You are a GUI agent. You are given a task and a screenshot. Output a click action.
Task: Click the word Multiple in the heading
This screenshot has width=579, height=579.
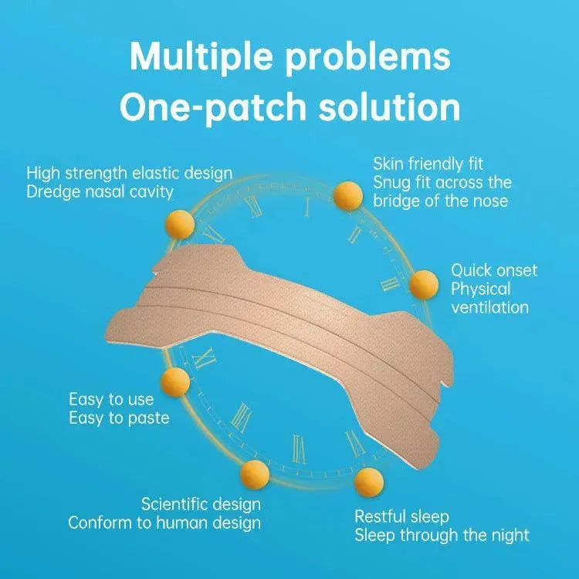pos(201,57)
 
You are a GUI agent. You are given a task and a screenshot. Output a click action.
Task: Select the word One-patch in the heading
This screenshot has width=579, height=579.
pos(213,107)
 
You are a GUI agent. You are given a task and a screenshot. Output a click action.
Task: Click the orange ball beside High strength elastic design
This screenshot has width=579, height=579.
pos(180,225)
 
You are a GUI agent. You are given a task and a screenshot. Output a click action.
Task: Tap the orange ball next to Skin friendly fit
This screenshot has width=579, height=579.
pos(348,196)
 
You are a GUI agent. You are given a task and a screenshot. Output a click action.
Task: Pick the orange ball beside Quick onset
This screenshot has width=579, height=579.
pos(424,284)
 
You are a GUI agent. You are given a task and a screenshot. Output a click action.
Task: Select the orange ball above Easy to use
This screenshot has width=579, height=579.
pos(176,382)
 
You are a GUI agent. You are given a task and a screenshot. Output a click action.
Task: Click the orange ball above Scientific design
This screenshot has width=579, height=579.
pos(255,475)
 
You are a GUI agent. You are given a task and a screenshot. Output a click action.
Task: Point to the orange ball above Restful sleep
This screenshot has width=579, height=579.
pos(369,482)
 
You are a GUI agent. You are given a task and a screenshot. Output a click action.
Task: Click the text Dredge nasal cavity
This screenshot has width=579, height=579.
pos(100,192)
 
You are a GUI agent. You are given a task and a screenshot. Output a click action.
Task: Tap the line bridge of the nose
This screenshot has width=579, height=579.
pos(440,201)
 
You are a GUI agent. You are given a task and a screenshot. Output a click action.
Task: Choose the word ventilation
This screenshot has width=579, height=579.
pos(489,307)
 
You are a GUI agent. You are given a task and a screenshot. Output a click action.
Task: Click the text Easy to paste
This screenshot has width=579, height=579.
pos(119,418)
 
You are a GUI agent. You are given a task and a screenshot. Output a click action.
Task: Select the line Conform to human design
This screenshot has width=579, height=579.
pos(164,523)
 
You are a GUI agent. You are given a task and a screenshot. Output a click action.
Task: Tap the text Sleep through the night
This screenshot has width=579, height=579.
pos(442,535)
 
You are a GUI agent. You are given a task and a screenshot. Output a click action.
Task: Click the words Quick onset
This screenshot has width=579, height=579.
pos(494,270)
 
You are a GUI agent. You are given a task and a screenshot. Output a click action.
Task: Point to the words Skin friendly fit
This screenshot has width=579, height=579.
pos(428,164)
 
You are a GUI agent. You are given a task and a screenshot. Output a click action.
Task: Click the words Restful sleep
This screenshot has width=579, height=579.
pos(401,516)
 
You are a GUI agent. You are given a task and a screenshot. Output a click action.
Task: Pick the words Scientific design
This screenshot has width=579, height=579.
pos(201,504)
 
